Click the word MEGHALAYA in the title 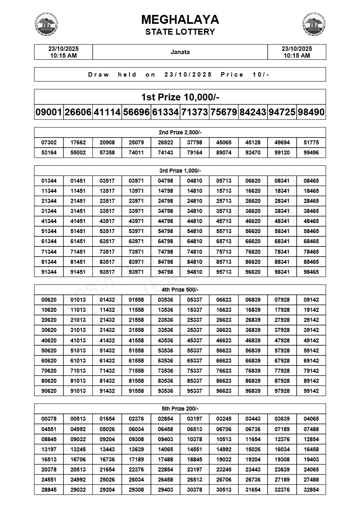click(x=180, y=20)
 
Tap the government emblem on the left click(x=47, y=24)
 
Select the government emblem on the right click(x=314, y=24)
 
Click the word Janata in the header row click(x=180, y=52)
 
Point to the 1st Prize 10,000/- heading click(x=180, y=97)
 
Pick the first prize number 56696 click(x=136, y=113)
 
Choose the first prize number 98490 click(x=311, y=113)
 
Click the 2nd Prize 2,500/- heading click(x=180, y=132)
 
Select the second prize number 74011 click(x=136, y=153)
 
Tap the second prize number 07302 click(x=49, y=142)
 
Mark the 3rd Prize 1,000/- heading click(x=180, y=171)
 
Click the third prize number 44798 click(x=165, y=221)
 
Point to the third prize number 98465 click(x=311, y=272)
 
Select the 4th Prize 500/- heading click(x=180, y=290)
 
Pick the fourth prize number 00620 click(x=49, y=300)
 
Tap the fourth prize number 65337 click(x=195, y=361)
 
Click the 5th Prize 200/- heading click(x=180, y=409)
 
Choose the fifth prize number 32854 click(x=311, y=490)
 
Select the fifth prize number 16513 click(x=49, y=459)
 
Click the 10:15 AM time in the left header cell click(x=63, y=56)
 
